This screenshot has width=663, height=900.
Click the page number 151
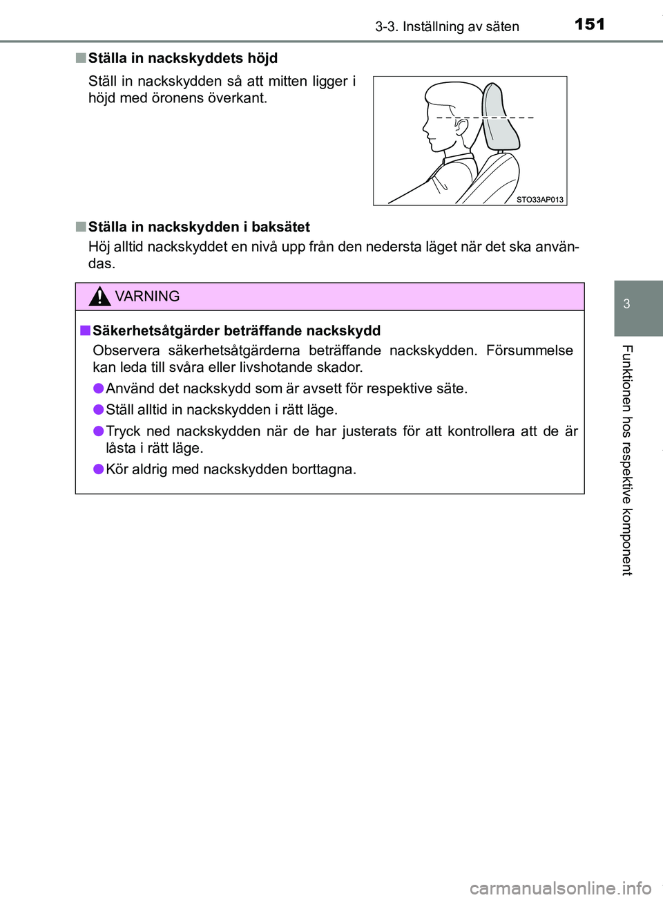point(589,25)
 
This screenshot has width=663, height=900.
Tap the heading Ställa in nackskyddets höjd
point(182,58)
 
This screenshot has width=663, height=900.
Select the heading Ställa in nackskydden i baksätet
point(198,227)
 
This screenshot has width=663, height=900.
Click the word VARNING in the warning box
point(147,297)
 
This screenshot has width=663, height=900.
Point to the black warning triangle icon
point(99,297)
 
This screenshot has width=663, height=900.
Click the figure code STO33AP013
point(539,200)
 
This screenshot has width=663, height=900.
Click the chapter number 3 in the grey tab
point(626,304)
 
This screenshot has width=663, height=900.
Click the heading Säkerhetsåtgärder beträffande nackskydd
point(236,330)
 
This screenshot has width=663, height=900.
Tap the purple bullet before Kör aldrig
point(99,469)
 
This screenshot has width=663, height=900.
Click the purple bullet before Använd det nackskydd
point(99,388)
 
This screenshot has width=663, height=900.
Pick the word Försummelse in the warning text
point(529,350)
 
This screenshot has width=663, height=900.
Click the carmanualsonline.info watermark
point(560,888)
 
